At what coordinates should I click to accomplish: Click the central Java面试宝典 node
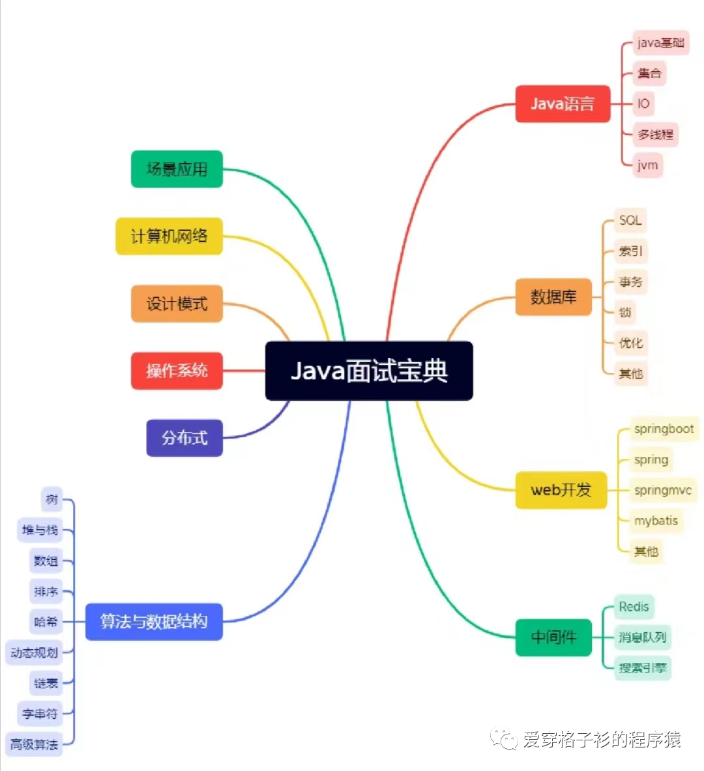coord(369,371)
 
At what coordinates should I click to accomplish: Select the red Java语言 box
coord(563,104)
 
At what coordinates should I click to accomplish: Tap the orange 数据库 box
coord(553,297)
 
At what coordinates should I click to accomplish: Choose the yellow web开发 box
coord(561,489)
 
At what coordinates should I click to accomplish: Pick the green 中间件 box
coord(553,637)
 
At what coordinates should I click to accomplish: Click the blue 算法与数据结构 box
coord(154,621)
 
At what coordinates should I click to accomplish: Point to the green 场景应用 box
coord(177,169)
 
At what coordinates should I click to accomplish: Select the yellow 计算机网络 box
coord(169,236)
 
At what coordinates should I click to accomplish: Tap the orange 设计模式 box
coord(177,304)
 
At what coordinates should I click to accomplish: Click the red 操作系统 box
coord(177,371)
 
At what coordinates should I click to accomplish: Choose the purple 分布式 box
coord(184,438)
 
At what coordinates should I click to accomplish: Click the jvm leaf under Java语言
coord(648,165)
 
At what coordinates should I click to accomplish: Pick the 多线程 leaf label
coord(656,134)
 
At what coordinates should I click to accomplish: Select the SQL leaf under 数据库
coord(630,220)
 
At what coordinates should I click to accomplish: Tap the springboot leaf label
coord(664,429)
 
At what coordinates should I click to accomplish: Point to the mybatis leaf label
coord(656,521)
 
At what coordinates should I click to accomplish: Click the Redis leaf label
coord(634,607)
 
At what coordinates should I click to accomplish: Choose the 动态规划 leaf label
coord(34,652)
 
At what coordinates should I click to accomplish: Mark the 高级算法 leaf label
coord(34,744)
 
